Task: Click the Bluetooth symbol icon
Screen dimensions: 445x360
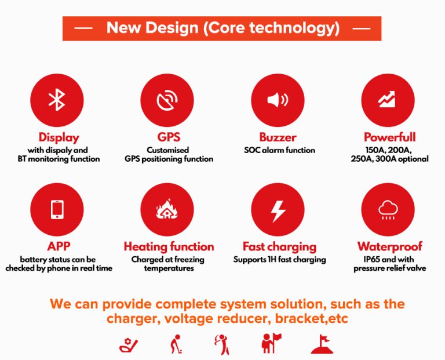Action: (57, 100)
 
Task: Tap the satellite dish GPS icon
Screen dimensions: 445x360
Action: (167, 100)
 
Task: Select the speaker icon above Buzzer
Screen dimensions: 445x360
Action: (278, 100)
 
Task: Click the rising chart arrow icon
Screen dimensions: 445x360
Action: (386, 99)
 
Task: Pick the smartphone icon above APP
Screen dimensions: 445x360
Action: (57, 209)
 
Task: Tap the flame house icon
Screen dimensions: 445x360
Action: (167, 209)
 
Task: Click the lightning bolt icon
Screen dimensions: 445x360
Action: (278, 211)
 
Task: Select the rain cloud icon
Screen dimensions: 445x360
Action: (388, 210)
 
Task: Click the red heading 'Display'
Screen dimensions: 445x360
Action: (59, 137)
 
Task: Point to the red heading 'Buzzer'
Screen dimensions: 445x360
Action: (278, 137)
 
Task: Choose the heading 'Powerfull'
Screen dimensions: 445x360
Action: (389, 137)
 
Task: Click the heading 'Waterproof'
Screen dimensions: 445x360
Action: (389, 246)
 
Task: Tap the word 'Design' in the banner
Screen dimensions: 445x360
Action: (172, 28)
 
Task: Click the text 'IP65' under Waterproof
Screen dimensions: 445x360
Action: (372, 260)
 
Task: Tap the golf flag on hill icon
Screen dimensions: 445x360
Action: (322, 344)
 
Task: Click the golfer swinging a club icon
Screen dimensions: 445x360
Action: (222, 344)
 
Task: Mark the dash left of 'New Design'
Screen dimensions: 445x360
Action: (83, 28)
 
